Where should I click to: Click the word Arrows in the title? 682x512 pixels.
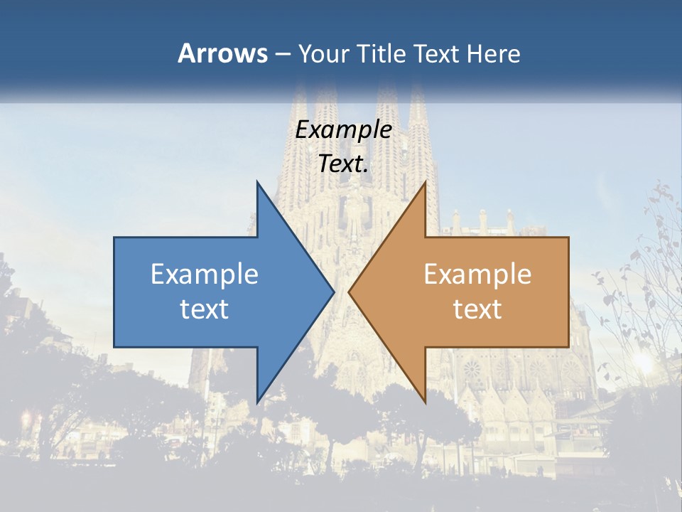pos(222,53)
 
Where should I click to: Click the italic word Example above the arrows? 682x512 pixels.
pos(344,130)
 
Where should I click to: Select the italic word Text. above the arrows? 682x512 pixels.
pos(344,164)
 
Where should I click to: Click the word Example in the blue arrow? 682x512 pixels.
pos(205,274)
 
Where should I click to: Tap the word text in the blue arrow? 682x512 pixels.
pos(205,309)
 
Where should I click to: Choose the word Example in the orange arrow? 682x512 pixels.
pos(477,274)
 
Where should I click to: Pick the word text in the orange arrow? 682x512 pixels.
pos(477,309)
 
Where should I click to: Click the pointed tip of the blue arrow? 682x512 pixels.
pos(334,292)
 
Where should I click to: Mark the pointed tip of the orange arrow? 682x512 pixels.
pos(349,292)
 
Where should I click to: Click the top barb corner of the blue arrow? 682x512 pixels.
pos(257,181)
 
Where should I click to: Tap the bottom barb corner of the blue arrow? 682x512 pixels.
pos(257,402)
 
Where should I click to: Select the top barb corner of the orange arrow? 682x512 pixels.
pos(425,181)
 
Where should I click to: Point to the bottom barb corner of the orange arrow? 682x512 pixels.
pos(425,402)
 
